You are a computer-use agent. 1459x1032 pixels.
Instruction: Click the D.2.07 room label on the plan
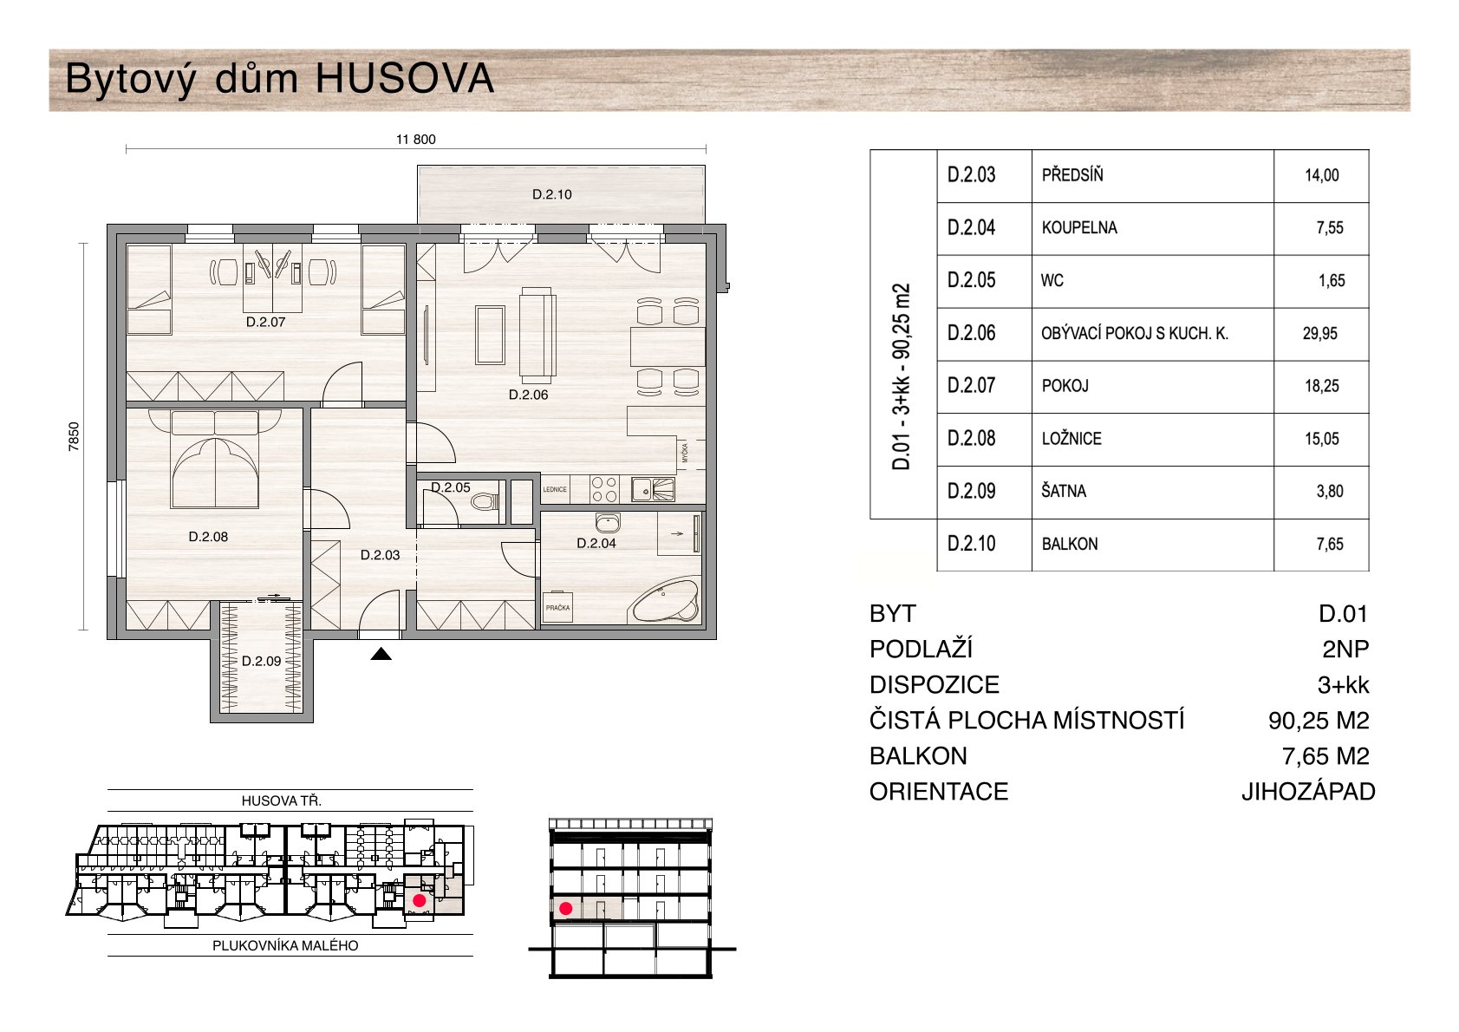(266, 322)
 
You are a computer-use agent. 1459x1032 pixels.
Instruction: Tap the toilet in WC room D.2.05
(485, 502)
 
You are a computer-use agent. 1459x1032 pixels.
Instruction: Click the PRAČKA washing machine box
(557, 607)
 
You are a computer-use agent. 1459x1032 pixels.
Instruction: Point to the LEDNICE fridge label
(555, 489)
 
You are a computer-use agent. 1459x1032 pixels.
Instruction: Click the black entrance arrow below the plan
(381, 654)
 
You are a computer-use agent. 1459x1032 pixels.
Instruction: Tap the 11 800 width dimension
(415, 140)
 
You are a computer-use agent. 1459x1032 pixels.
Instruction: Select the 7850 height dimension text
(74, 436)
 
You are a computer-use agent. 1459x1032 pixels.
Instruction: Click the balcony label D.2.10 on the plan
(551, 194)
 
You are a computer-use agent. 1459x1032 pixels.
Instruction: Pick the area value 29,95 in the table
(1319, 334)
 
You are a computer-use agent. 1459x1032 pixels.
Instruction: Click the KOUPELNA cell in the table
(1079, 228)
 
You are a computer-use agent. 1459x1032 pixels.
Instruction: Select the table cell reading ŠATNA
(1064, 491)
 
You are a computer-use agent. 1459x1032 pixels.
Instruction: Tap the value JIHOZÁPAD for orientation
(1308, 792)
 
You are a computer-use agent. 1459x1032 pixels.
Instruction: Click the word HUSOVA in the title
(405, 79)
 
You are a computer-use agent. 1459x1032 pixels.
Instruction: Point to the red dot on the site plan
(419, 900)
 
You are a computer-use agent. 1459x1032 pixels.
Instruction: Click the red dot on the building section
(566, 908)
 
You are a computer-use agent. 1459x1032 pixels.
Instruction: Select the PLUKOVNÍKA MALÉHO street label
(285, 945)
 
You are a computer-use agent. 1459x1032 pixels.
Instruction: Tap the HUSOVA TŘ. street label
(282, 800)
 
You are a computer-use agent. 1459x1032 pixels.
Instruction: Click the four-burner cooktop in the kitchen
(603, 489)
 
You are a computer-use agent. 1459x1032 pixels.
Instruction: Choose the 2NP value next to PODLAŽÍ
(1345, 650)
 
